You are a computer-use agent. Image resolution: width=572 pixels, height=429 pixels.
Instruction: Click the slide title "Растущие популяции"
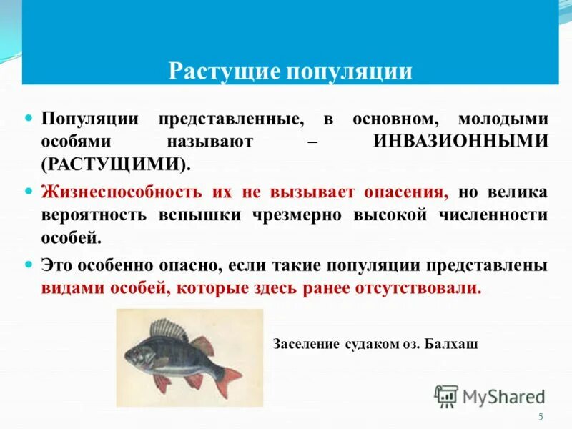coord(290,72)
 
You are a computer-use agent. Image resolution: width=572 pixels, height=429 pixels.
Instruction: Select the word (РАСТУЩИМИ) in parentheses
coord(116,163)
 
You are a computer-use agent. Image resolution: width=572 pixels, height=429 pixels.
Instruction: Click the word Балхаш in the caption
coord(450,344)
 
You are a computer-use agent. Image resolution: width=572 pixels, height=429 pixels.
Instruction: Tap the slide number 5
coord(541,417)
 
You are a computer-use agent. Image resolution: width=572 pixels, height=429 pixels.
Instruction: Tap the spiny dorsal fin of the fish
coord(168,330)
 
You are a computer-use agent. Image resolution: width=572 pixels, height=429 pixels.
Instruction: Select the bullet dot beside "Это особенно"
coord(29,264)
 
